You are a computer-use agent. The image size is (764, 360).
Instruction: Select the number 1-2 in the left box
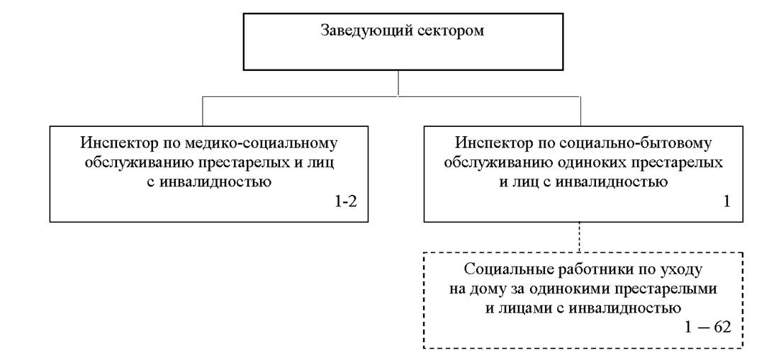click(345, 201)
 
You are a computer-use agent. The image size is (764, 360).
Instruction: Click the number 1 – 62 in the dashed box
click(709, 327)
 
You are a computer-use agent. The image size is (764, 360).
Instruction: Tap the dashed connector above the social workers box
click(579, 237)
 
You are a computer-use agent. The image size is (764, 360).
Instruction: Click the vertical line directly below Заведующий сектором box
click(398, 84)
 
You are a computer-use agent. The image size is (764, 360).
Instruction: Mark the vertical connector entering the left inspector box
click(202, 111)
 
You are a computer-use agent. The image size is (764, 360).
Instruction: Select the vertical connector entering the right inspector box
click(580, 111)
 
